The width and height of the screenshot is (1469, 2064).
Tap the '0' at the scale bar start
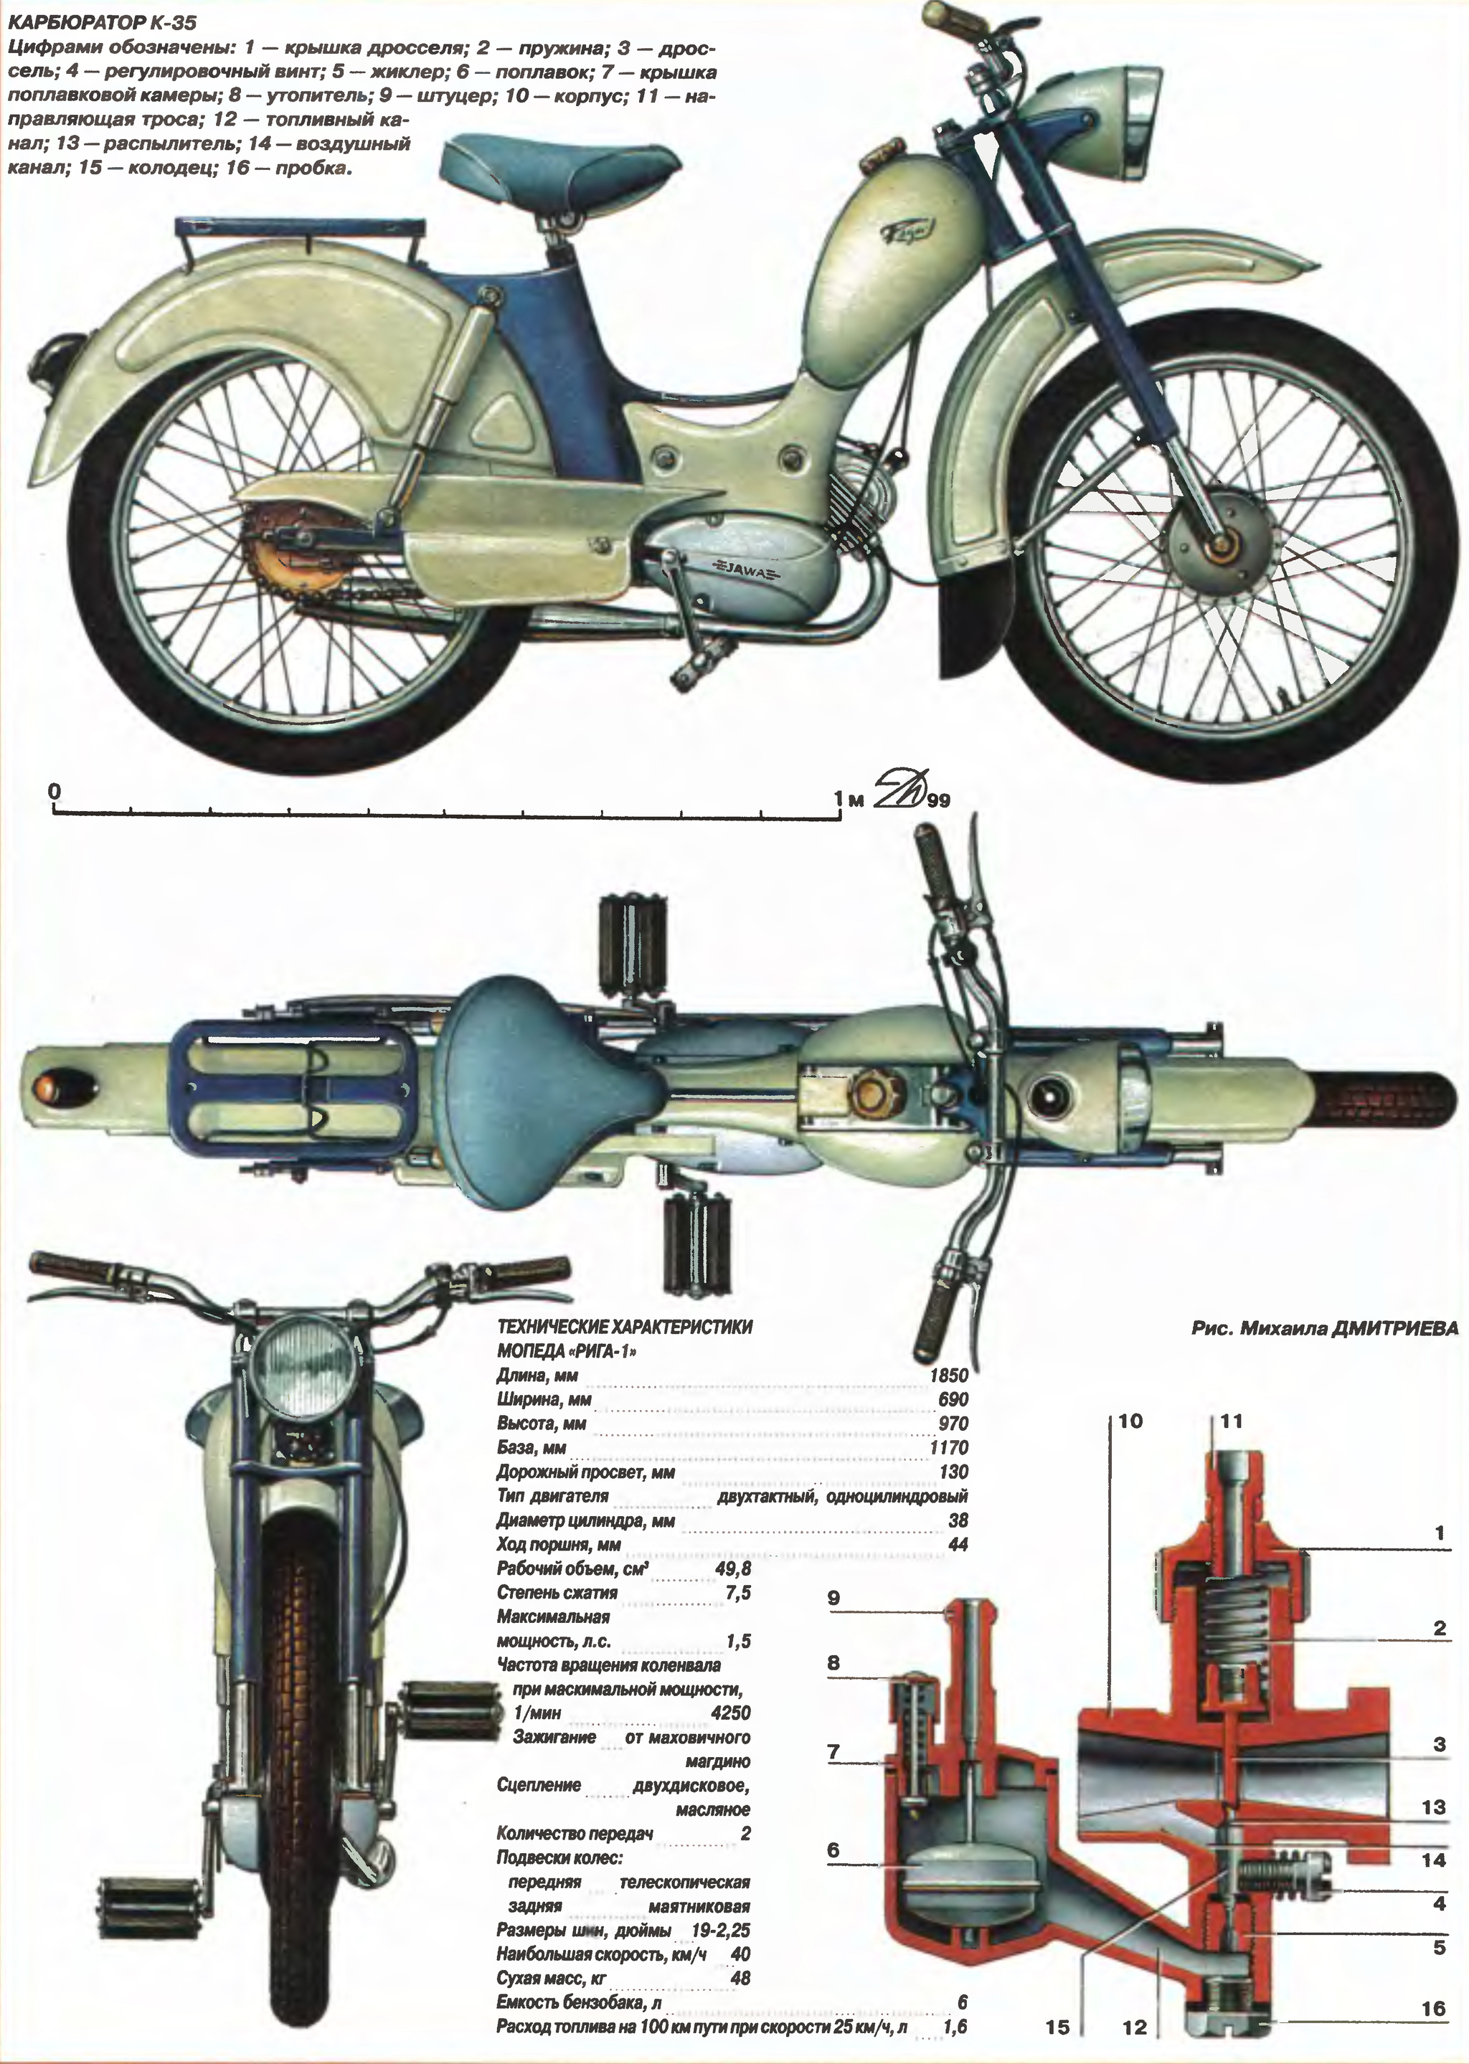(56, 790)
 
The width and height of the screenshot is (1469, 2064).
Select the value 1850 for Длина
(949, 1376)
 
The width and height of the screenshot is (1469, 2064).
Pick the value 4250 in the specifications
(731, 1712)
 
